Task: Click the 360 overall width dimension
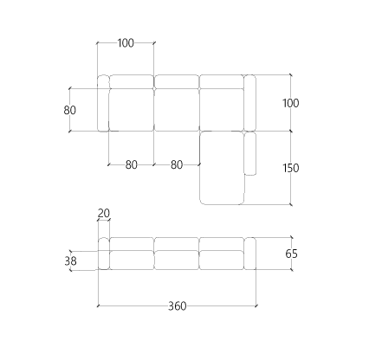point(178,306)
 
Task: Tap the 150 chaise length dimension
point(291,168)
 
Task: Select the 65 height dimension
point(291,254)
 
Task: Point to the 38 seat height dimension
point(70,261)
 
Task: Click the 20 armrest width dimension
point(104,214)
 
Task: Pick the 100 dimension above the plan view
point(126,43)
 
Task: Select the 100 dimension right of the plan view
point(291,103)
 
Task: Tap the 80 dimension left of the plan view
point(70,110)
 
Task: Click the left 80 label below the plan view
point(132,165)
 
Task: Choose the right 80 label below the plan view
point(177,165)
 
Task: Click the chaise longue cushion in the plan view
point(223,168)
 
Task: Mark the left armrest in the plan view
point(103,103)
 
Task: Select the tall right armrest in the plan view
point(250,103)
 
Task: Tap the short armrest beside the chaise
point(250,153)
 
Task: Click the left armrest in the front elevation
point(104,254)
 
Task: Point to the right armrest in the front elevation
point(250,254)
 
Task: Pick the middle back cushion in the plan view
point(177,81)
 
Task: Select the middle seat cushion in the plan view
point(177,110)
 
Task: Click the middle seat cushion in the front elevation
point(177,260)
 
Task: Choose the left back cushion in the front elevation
point(132,244)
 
